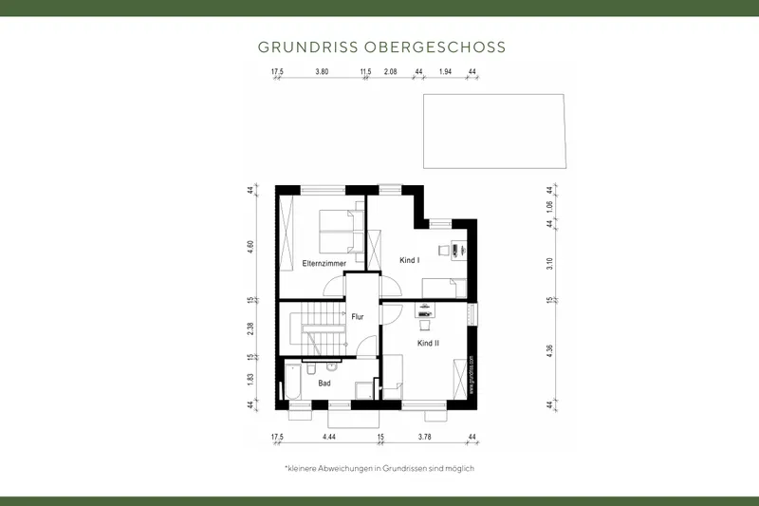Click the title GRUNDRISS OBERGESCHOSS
coord(382,47)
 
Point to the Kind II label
coord(429,343)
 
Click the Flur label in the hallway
coord(359,317)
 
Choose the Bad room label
coord(324,384)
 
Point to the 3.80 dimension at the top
coord(322,72)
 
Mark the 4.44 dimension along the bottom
coord(328,437)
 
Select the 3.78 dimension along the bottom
coord(424,437)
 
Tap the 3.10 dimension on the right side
coord(549,263)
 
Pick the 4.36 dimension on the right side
coord(549,353)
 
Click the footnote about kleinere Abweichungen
coord(379,469)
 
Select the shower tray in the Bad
coord(362,390)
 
